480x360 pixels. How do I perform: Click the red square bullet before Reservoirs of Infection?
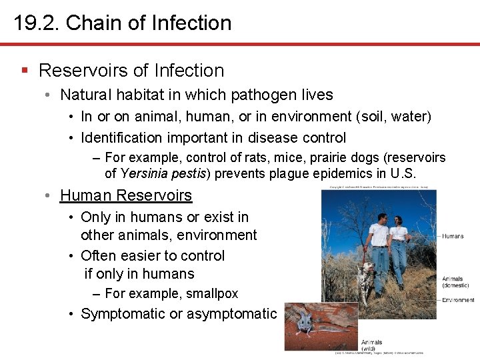(x=25, y=70)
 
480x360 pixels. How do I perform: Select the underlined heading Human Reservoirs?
(x=126, y=195)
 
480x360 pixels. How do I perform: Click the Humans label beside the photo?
(x=453, y=236)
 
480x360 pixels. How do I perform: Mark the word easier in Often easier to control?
(x=135, y=256)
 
